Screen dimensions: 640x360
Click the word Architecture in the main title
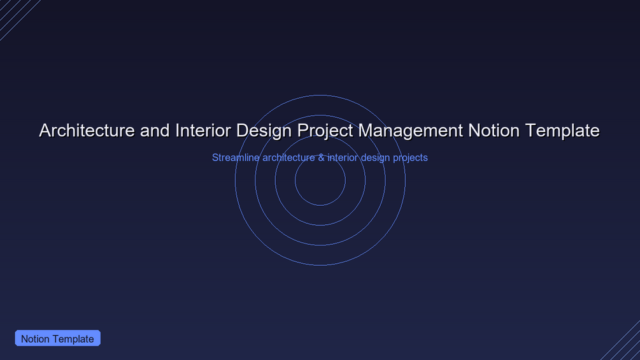[x=87, y=131]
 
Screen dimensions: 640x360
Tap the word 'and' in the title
[x=155, y=131]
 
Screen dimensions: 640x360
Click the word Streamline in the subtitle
[x=236, y=157]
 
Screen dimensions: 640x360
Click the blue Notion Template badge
[x=57, y=338]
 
